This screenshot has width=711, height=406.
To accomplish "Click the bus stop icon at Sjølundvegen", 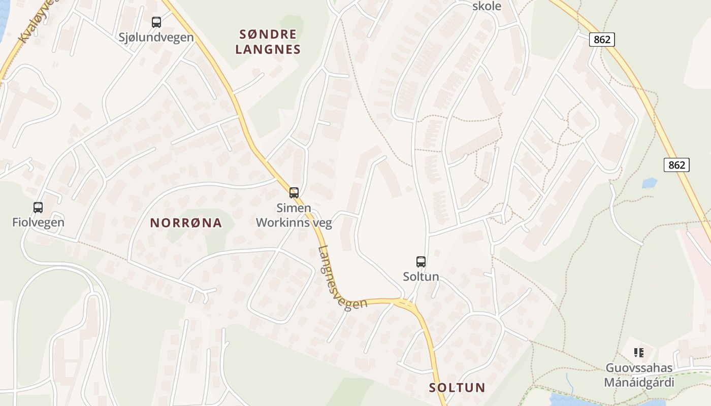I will click(x=156, y=22).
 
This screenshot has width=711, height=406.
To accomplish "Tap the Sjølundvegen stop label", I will click(x=156, y=37).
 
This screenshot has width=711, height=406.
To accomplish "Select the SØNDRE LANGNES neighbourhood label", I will click(x=268, y=42).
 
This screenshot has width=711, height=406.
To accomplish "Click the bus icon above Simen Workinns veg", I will click(x=294, y=193).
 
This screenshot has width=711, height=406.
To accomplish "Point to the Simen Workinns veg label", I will click(x=294, y=215).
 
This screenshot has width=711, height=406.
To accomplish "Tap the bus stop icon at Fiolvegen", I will click(x=38, y=207).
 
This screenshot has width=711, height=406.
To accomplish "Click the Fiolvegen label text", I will click(x=39, y=222).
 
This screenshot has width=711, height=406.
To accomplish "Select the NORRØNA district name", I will click(x=186, y=223).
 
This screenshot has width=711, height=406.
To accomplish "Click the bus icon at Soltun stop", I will click(x=421, y=262).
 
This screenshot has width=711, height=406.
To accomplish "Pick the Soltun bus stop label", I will click(x=421, y=277).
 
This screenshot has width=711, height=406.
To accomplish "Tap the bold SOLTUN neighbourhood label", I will click(x=457, y=388).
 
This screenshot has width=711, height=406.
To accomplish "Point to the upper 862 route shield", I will click(x=602, y=39).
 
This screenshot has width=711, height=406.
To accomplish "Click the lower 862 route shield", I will click(x=676, y=164).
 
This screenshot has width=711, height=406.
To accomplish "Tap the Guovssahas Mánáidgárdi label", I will click(x=639, y=375).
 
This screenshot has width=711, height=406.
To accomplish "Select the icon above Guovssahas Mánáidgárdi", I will click(x=639, y=352).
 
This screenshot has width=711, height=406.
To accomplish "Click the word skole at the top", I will click(x=487, y=6).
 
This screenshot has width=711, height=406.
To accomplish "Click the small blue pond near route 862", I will click(x=650, y=183).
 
